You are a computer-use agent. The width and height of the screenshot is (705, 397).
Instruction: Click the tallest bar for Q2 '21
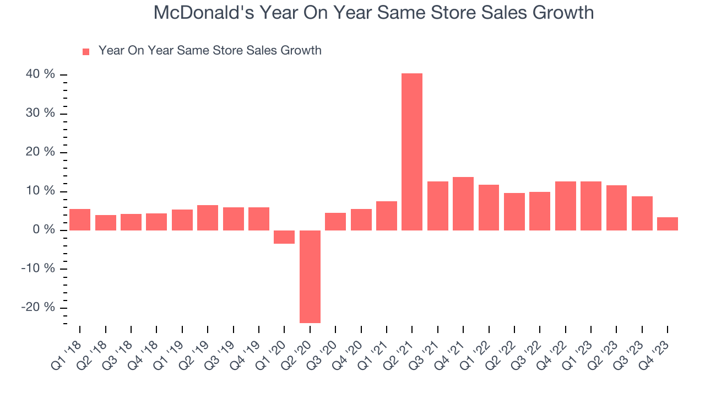point(412,152)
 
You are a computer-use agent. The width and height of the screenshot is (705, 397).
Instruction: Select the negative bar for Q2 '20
point(310,276)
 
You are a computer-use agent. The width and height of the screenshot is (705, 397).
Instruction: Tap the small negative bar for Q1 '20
point(284,237)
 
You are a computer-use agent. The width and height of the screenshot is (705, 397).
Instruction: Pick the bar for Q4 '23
point(668,224)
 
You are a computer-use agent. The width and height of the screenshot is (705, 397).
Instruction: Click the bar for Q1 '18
point(80,219)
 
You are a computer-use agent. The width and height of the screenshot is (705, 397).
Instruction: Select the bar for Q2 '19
point(208,218)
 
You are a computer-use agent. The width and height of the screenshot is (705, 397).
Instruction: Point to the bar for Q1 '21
point(387,216)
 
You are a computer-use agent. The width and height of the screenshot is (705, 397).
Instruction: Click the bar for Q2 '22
point(514,212)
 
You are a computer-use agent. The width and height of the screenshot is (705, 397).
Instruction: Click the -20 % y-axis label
point(39,307)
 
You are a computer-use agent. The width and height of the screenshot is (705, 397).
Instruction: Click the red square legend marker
point(86,51)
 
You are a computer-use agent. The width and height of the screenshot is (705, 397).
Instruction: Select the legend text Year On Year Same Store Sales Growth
point(210,51)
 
